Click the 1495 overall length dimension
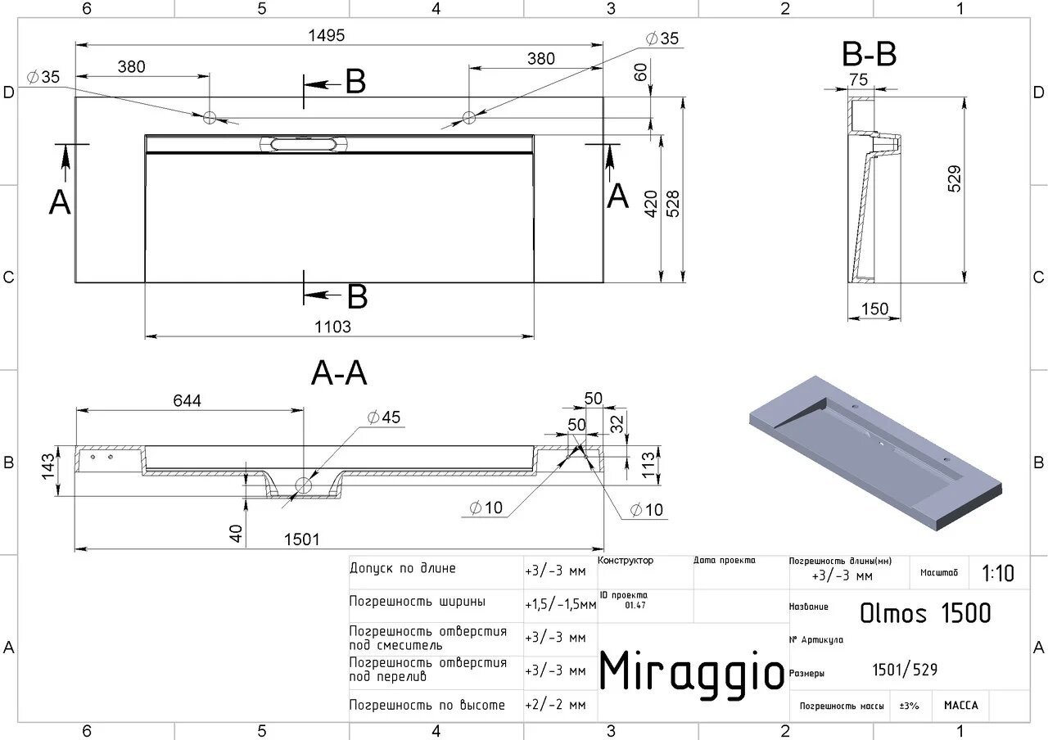(327, 35)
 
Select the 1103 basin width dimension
(332, 327)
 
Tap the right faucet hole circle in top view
(468, 117)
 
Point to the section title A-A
(339, 373)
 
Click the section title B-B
(869, 56)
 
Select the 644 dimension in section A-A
(187, 400)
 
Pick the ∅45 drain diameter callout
(384, 417)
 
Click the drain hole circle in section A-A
(304, 484)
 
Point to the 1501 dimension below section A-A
(301, 539)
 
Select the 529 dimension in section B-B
(954, 178)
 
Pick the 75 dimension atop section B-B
(858, 79)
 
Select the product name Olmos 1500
(925, 612)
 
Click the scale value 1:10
(997, 573)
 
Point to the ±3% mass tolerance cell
(909, 706)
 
